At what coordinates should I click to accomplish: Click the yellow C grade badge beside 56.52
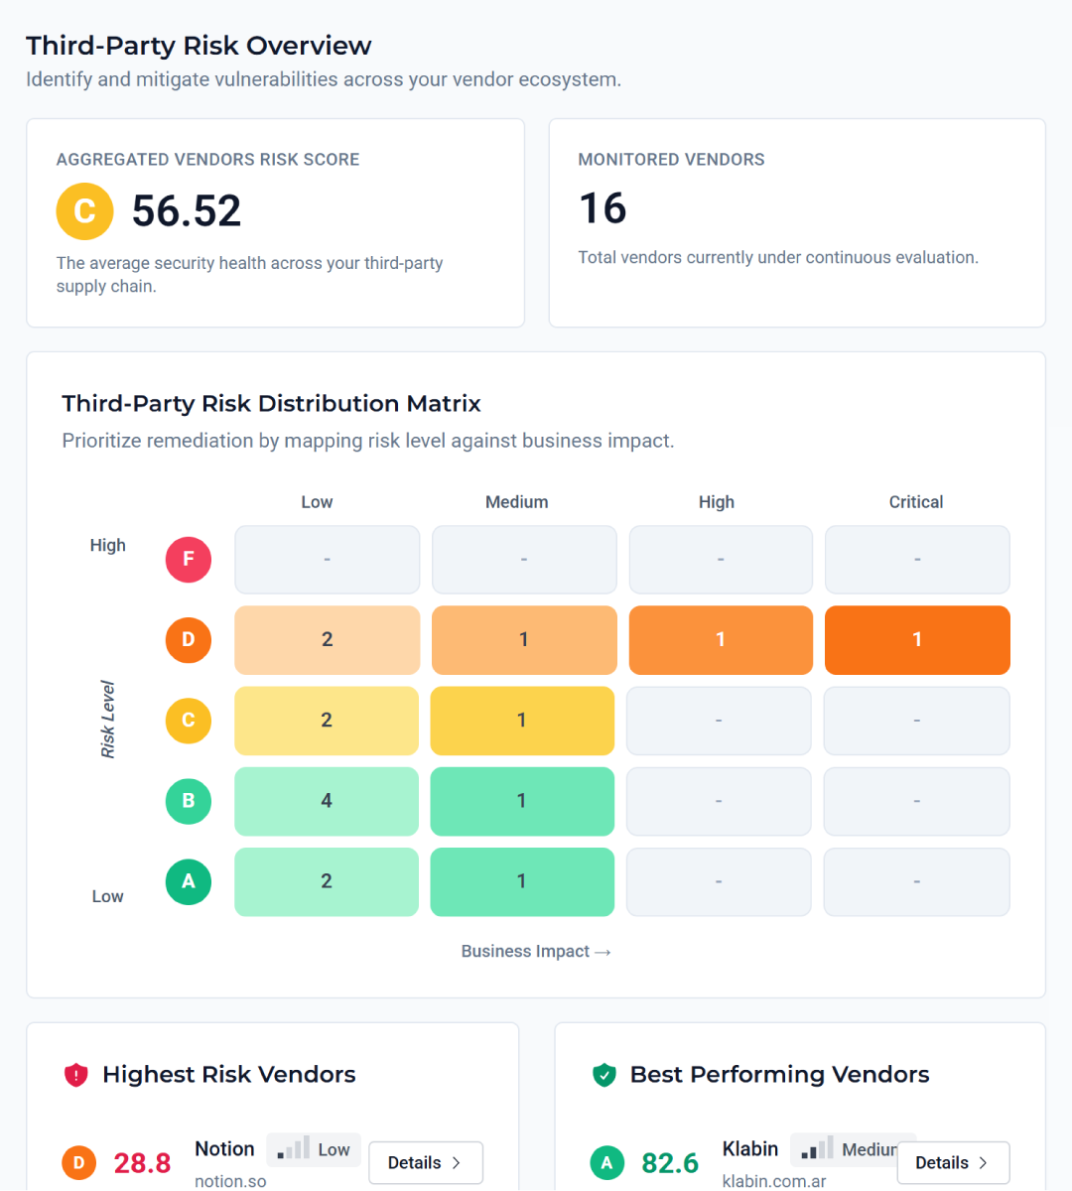(85, 211)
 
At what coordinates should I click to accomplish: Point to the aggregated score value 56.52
(187, 211)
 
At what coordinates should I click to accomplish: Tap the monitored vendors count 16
(603, 208)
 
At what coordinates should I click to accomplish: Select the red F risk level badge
(189, 560)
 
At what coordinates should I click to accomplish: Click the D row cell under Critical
(917, 640)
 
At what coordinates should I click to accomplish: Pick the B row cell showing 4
(327, 801)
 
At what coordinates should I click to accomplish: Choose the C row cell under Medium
(522, 721)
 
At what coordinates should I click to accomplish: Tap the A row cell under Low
(327, 881)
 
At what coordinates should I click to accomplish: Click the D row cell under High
(721, 640)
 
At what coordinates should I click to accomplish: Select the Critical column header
(916, 502)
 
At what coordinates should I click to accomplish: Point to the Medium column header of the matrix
(516, 502)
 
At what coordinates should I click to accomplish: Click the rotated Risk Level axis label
(108, 720)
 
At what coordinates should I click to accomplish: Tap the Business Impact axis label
(535, 951)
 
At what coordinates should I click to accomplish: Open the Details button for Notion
(425, 1162)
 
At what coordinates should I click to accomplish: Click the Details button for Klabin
(953, 1162)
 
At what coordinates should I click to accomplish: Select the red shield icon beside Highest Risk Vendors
(76, 1075)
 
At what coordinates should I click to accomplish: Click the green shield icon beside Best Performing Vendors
(604, 1075)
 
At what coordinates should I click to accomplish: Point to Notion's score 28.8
(142, 1162)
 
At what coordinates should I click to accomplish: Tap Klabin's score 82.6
(670, 1162)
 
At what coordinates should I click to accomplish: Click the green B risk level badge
(189, 801)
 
